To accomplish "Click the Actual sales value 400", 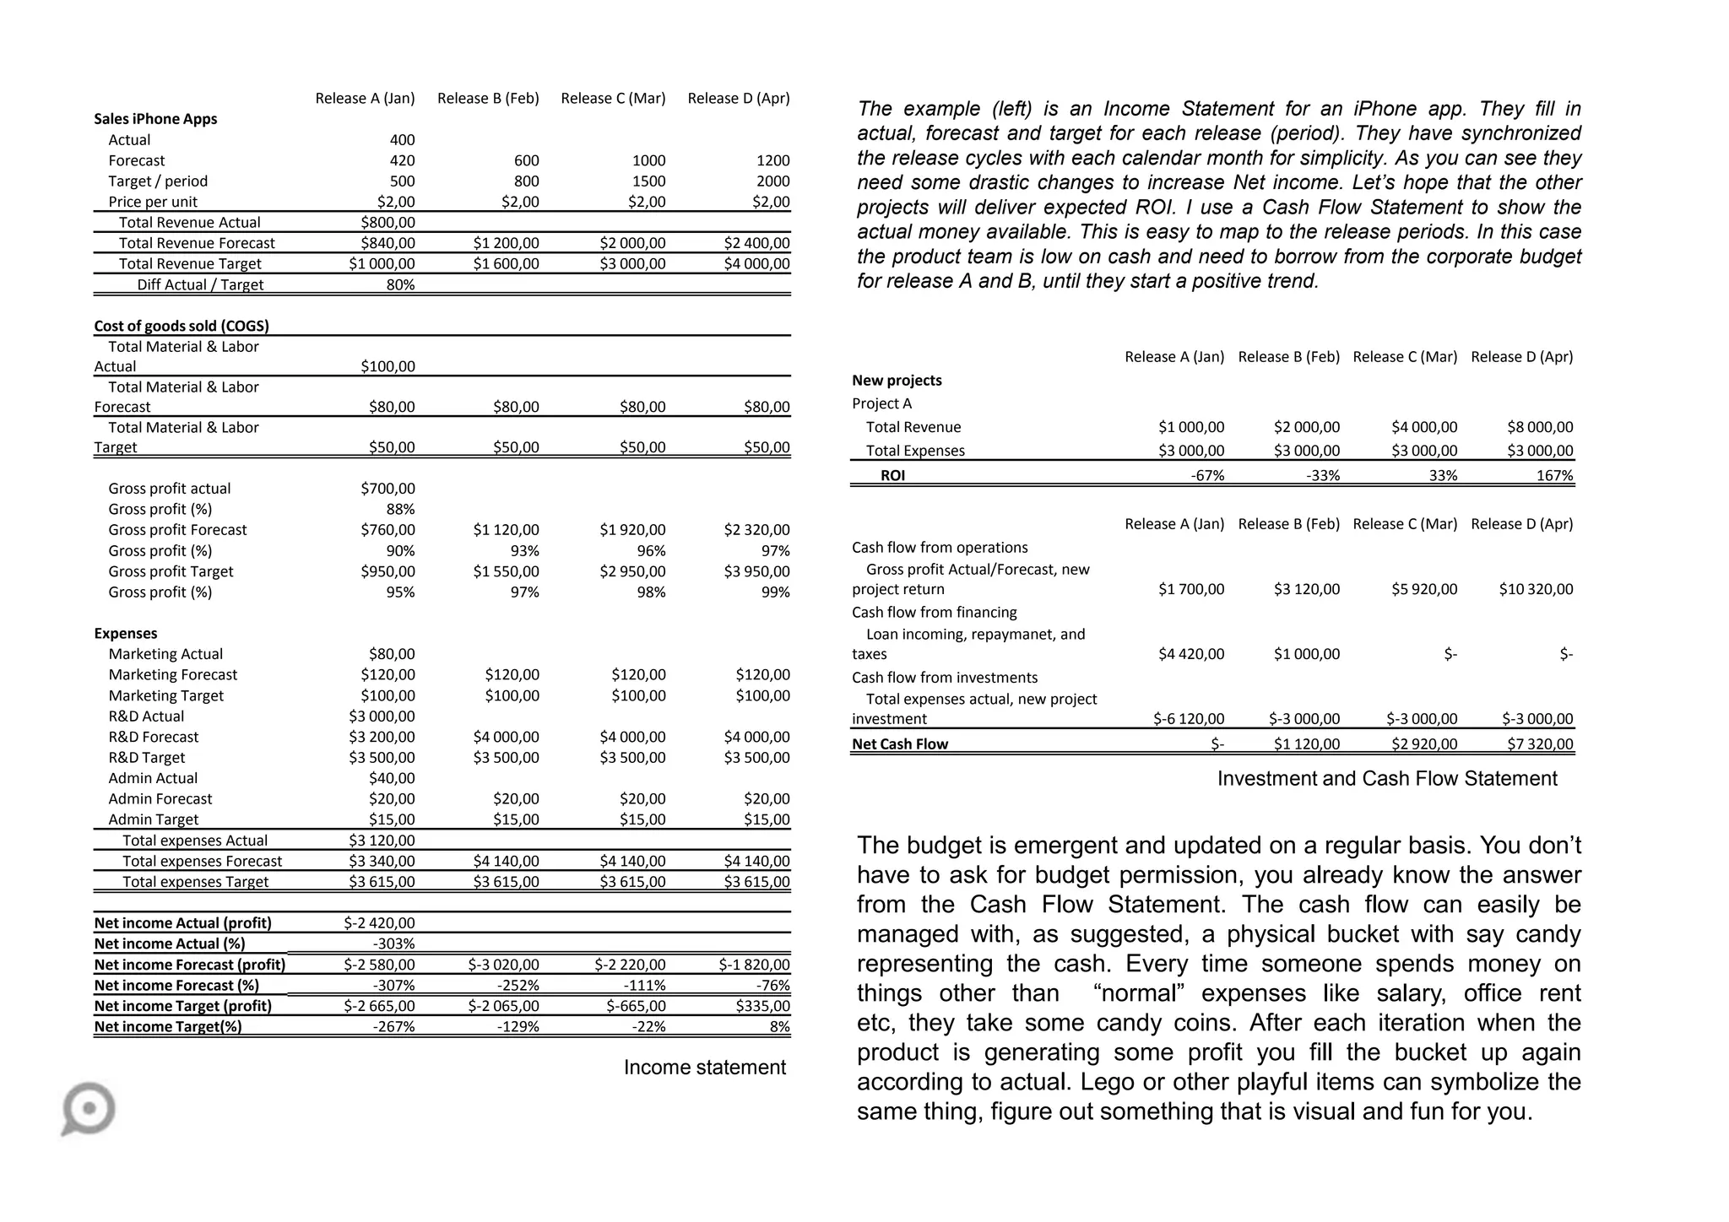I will pos(402,140).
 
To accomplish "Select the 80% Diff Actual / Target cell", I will pos(400,285).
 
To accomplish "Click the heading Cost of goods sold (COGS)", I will pos(182,326).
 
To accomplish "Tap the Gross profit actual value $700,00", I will pos(388,489).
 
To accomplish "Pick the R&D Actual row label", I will pos(146,716).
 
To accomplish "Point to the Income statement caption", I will pos(704,1068).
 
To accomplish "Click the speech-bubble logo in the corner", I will pos(88,1108).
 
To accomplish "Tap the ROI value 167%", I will pos(1554,476).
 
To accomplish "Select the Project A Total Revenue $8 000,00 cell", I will pos(1540,428).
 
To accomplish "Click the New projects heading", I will pos(897,381).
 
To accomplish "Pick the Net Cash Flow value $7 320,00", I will pos(1540,744).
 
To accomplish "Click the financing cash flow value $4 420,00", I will pos(1190,654).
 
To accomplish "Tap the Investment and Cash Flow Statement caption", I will pos(1386,779).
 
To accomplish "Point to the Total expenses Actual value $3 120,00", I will pos(382,841).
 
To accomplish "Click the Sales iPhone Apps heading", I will pos(155,119).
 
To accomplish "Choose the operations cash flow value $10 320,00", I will pos(1536,589).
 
